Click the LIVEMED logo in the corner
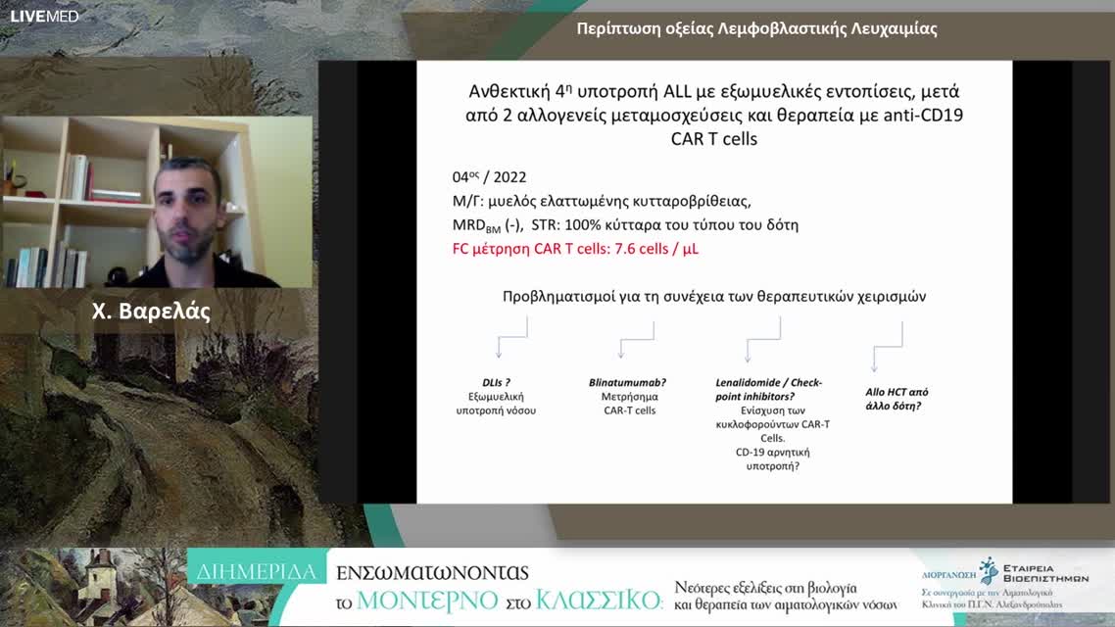click(x=44, y=16)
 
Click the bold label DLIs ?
click(x=496, y=383)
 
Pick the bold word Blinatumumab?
click(x=628, y=383)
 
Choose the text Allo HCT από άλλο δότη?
click(x=897, y=397)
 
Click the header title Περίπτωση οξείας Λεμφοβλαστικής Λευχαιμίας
click(x=756, y=28)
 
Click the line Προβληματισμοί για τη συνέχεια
click(x=713, y=296)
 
